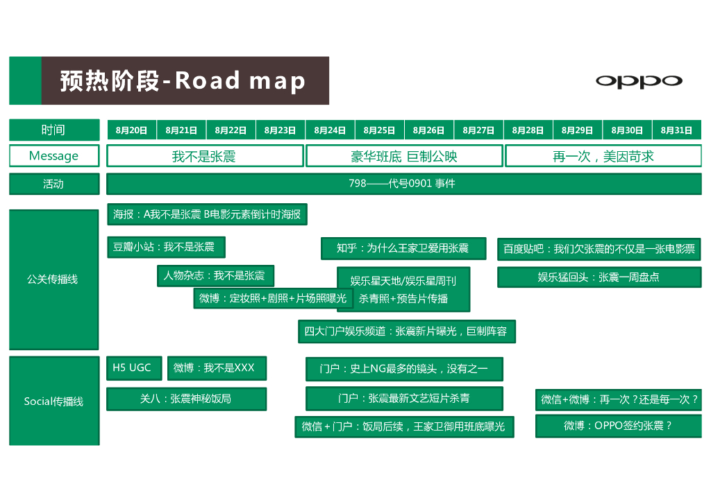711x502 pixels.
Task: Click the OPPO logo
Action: click(639, 81)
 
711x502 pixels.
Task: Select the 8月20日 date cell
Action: click(132, 130)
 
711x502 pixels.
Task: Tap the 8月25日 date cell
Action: click(379, 130)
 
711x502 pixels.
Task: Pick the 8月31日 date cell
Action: click(676, 130)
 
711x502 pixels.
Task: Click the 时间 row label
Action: click(53, 130)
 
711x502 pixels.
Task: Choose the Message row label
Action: click(53, 156)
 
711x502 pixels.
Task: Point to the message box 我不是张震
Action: click(204, 156)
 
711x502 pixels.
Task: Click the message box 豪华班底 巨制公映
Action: click(404, 156)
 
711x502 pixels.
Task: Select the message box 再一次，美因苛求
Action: click(603, 156)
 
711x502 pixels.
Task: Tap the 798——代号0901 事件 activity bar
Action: click(403, 184)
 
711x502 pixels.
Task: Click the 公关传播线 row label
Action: click(53, 279)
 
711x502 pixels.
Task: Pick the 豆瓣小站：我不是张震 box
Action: click(165, 247)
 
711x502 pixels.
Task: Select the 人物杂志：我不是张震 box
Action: click(215, 275)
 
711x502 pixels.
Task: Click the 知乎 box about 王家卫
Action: click(402, 248)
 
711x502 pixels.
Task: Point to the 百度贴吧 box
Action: click(599, 248)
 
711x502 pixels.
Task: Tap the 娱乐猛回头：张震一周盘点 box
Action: click(599, 277)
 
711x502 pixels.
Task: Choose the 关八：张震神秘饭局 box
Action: click(185, 399)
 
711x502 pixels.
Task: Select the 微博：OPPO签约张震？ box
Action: click(618, 426)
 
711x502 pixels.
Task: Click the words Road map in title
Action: click(240, 81)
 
